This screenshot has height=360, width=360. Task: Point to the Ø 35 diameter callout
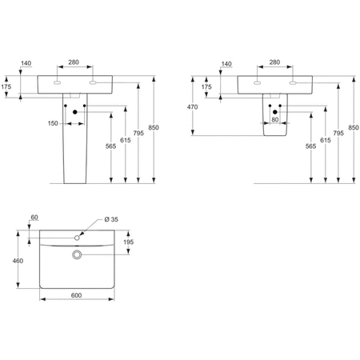[x=110, y=219]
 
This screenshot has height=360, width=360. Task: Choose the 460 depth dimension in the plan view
[x=17, y=261]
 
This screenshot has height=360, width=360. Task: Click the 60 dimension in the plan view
[x=34, y=218]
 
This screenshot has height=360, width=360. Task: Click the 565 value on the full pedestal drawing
[x=109, y=146]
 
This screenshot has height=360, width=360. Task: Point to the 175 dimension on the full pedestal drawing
[x=6, y=87]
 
